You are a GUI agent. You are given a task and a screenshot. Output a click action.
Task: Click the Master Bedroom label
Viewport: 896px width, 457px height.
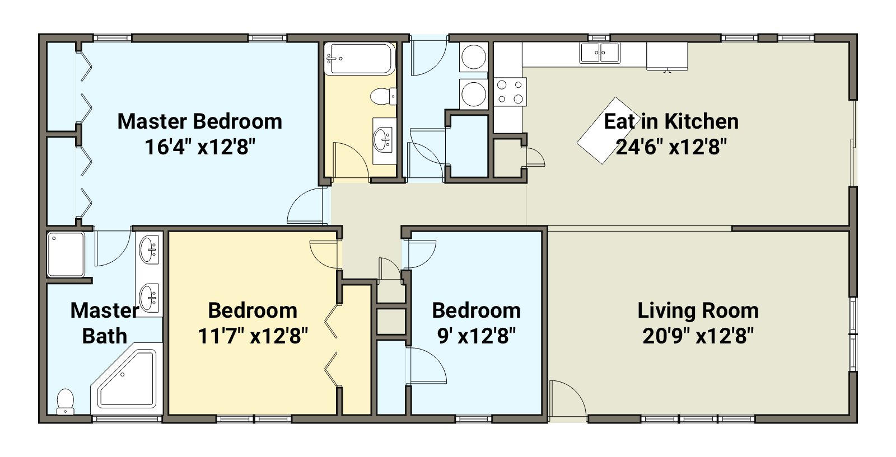pyautogui.click(x=199, y=121)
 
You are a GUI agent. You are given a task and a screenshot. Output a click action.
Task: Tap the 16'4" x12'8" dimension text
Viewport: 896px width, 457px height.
pyautogui.click(x=199, y=147)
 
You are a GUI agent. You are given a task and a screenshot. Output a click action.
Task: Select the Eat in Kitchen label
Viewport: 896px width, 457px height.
pyautogui.click(x=671, y=121)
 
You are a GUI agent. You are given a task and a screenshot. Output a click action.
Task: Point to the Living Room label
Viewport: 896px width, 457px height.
pyautogui.click(x=698, y=311)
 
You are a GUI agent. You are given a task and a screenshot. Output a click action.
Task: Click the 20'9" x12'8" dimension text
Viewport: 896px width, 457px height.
pyautogui.click(x=698, y=336)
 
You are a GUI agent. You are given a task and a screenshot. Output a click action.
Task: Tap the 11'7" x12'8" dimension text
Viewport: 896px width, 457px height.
pyautogui.click(x=253, y=336)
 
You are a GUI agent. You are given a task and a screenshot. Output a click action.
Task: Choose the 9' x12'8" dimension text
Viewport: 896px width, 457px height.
pyautogui.click(x=477, y=336)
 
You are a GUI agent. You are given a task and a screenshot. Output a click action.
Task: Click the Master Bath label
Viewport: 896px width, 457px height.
pyautogui.click(x=105, y=323)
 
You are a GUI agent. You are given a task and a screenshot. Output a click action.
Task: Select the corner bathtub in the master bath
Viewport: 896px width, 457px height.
pyautogui.click(x=127, y=379)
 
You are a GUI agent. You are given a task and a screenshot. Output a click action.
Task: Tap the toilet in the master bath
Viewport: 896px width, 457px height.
pyautogui.click(x=65, y=402)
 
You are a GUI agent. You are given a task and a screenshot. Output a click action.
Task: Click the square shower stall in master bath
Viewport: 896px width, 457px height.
pyautogui.click(x=66, y=255)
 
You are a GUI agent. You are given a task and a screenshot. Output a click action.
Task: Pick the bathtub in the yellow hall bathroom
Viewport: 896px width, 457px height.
pyautogui.click(x=360, y=59)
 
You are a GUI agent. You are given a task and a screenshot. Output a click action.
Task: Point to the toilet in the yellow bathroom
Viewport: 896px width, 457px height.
pyautogui.click(x=383, y=97)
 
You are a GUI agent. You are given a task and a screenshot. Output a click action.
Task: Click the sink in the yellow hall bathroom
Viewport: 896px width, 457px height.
pyautogui.click(x=384, y=140)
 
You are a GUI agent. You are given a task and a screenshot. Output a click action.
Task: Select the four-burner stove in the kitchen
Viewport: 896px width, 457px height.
pyautogui.click(x=510, y=92)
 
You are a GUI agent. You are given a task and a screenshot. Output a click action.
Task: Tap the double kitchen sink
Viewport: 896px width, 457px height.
pyautogui.click(x=600, y=53)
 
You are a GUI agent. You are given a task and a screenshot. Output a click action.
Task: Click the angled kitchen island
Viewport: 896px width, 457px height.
pyautogui.click(x=607, y=131)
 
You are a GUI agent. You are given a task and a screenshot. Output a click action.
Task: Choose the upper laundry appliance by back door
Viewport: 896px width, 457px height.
pyautogui.click(x=474, y=56)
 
